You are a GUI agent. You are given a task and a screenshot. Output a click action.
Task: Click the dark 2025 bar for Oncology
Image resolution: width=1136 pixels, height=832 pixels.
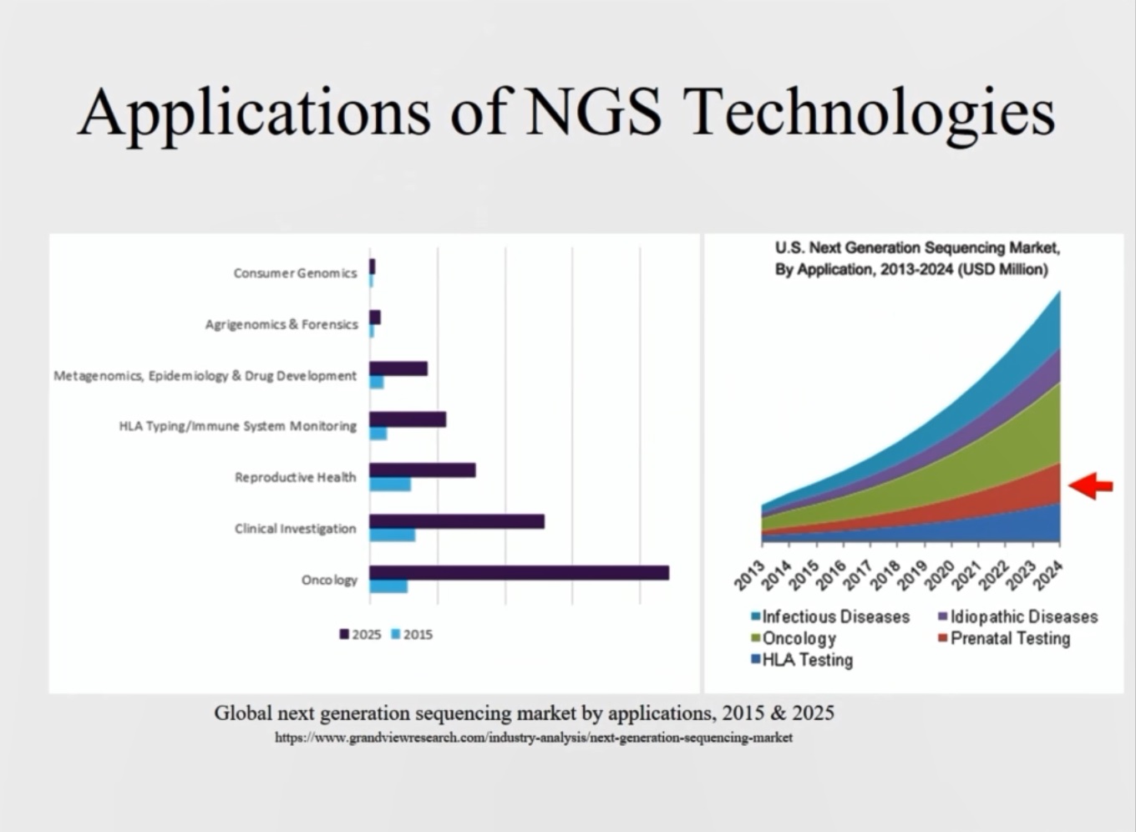click(519, 572)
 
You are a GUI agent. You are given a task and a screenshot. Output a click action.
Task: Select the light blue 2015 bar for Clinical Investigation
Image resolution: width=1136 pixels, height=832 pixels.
click(393, 535)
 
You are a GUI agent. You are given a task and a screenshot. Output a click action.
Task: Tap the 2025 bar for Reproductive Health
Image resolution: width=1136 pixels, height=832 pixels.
click(423, 470)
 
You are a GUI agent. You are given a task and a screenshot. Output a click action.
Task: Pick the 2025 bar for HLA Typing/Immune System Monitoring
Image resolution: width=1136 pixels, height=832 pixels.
click(408, 419)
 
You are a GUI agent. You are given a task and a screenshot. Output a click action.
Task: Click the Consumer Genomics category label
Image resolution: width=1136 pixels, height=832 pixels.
click(295, 273)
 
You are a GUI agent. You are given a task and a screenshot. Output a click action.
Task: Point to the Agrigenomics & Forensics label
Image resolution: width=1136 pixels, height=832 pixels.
click(281, 324)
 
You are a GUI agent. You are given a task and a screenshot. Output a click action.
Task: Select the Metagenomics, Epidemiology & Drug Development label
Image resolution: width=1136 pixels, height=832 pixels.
click(205, 376)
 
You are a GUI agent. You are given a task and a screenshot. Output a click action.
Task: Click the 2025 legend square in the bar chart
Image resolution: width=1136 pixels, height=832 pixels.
click(344, 635)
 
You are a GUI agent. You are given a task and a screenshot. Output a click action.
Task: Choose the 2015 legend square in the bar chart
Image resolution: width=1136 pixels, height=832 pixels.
click(396, 635)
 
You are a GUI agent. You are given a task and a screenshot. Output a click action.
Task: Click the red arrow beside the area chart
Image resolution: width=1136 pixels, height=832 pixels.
click(1091, 485)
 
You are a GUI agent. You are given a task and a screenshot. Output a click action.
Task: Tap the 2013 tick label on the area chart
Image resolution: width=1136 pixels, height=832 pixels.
click(750, 576)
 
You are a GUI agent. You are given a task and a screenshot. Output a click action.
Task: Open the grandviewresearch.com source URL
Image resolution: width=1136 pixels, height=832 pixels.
click(533, 738)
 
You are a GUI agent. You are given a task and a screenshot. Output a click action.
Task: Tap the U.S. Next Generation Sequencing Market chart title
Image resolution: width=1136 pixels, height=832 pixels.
click(916, 258)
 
